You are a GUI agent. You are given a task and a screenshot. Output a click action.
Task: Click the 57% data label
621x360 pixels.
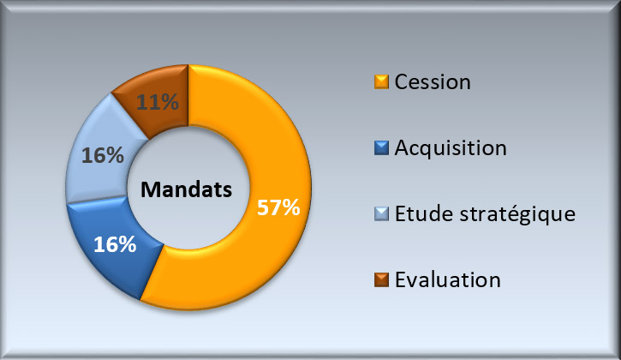pos(278,207)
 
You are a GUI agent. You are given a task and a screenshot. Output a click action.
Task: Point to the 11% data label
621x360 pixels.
pos(158,102)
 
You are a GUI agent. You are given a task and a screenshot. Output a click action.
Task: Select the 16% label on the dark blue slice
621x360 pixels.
pos(115,244)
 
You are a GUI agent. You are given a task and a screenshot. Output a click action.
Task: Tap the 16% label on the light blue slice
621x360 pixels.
pos(103,155)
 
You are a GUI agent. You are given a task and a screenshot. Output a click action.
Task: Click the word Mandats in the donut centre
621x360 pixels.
pos(186,189)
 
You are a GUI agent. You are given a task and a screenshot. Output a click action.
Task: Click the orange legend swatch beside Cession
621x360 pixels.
pos(381,81)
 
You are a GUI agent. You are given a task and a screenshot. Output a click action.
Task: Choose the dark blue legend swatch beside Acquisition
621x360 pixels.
pos(381,147)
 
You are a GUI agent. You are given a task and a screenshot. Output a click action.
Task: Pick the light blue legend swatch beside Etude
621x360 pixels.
pos(381,213)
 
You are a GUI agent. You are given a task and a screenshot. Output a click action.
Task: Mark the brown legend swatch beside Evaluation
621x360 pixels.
pos(381,279)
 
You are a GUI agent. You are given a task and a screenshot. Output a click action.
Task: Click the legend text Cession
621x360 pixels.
pos(433,82)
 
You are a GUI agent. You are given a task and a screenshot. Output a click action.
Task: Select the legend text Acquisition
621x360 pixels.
pos(451,148)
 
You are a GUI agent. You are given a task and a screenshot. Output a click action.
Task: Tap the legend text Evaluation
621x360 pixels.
pos(448,280)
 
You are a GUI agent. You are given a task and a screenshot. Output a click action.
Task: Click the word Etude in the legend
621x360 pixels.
pos(423,213)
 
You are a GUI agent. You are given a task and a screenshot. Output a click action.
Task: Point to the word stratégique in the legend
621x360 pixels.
pos(517,215)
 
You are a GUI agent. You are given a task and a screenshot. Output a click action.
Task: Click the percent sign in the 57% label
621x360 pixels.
pos(290,207)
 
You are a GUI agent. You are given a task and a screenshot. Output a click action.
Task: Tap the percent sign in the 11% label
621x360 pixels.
pos(169,102)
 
